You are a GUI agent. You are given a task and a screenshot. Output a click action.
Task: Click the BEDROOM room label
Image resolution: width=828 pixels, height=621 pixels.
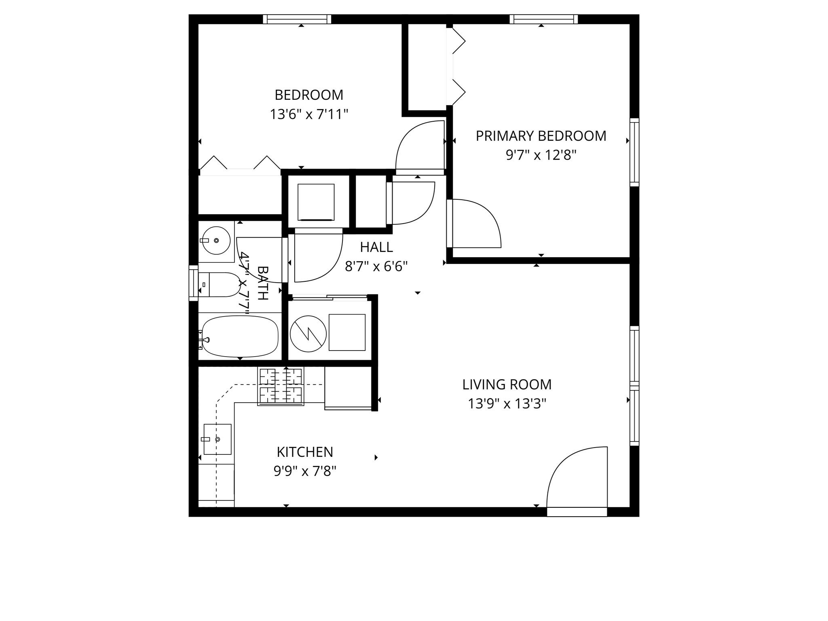(x=308, y=95)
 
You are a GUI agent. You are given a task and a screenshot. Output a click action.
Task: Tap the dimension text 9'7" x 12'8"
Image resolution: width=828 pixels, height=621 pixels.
(x=541, y=155)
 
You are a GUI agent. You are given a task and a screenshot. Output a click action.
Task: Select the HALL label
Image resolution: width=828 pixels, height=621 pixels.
(x=376, y=247)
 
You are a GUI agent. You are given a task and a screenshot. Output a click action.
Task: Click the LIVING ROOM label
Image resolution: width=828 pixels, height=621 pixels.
(x=507, y=384)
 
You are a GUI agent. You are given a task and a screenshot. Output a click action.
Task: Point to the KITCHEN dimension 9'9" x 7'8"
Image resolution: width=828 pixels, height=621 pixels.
(x=305, y=471)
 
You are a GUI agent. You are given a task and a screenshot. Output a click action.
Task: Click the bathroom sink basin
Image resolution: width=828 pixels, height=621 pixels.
(x=216, y=240)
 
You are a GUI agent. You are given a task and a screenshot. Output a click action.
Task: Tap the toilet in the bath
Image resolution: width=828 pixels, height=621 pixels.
(x=218, y=285)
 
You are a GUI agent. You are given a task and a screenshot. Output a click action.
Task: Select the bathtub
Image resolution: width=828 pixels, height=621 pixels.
(x=240, y=336)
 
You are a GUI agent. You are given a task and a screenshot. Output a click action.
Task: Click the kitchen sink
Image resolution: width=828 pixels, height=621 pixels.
(x=218, y=439)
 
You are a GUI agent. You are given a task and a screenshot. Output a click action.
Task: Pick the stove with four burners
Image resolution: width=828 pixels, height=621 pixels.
(x=281, y=387)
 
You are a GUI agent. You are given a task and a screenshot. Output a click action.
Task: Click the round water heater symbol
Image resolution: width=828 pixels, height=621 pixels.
(x=308, y=334)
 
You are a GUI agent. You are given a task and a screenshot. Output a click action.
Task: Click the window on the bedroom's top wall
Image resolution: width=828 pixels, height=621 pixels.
(x=297, y=19)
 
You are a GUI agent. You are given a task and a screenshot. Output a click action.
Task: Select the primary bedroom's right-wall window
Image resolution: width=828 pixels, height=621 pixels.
(x=634, y=152)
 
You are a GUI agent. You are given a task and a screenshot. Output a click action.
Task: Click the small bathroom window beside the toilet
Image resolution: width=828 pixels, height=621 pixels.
(x=194, y=283)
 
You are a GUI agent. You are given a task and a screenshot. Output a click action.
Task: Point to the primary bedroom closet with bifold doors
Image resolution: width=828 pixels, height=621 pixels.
(x=427, y=67)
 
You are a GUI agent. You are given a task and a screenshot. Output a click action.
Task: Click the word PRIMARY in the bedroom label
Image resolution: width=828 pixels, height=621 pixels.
(x=498, y=136)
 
